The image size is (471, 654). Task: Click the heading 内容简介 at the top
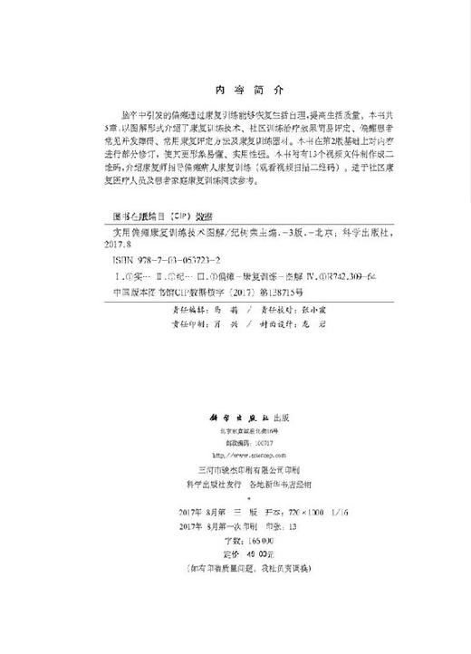(x=235, y=91)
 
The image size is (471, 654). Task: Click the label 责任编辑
(x=187, y=307)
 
